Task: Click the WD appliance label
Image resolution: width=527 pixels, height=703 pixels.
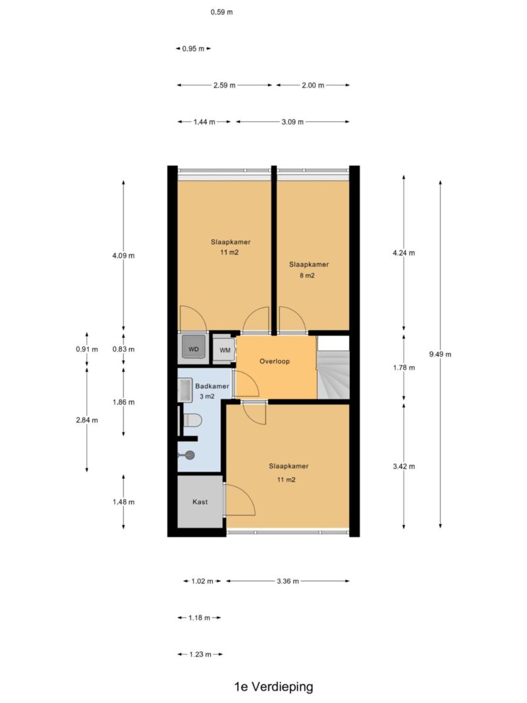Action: point(194,349)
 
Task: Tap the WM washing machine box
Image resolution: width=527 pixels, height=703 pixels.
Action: point(224,350)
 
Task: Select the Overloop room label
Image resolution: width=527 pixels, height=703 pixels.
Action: point(275,361)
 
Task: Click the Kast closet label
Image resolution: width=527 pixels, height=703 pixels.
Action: point(200,501)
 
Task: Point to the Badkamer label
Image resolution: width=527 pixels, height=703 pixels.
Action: point(212,386)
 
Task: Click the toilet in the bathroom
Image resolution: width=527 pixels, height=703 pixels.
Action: point(192,420)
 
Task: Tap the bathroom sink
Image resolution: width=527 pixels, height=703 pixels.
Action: point(185,389)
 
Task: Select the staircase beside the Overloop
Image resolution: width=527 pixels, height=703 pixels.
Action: point(333,368)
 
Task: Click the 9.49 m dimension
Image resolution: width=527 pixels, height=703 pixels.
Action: point(440,354)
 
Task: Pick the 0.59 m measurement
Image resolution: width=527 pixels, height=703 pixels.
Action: point(222,12)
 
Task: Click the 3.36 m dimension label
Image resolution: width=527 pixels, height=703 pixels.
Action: point(288,581)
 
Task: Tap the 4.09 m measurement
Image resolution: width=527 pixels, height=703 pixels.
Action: point(123,256)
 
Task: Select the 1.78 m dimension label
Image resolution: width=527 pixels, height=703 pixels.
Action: point(404,368)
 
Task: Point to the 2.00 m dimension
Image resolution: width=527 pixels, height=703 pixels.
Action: point(313,85)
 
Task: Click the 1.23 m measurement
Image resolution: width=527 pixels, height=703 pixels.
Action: point(200,655)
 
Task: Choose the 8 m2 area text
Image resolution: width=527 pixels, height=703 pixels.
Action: point(307,275)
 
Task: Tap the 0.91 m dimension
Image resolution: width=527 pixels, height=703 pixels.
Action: point(86,349)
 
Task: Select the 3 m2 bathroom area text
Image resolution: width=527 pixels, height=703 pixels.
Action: point(207,397)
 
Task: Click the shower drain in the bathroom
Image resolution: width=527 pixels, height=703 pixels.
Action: point(189,455)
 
